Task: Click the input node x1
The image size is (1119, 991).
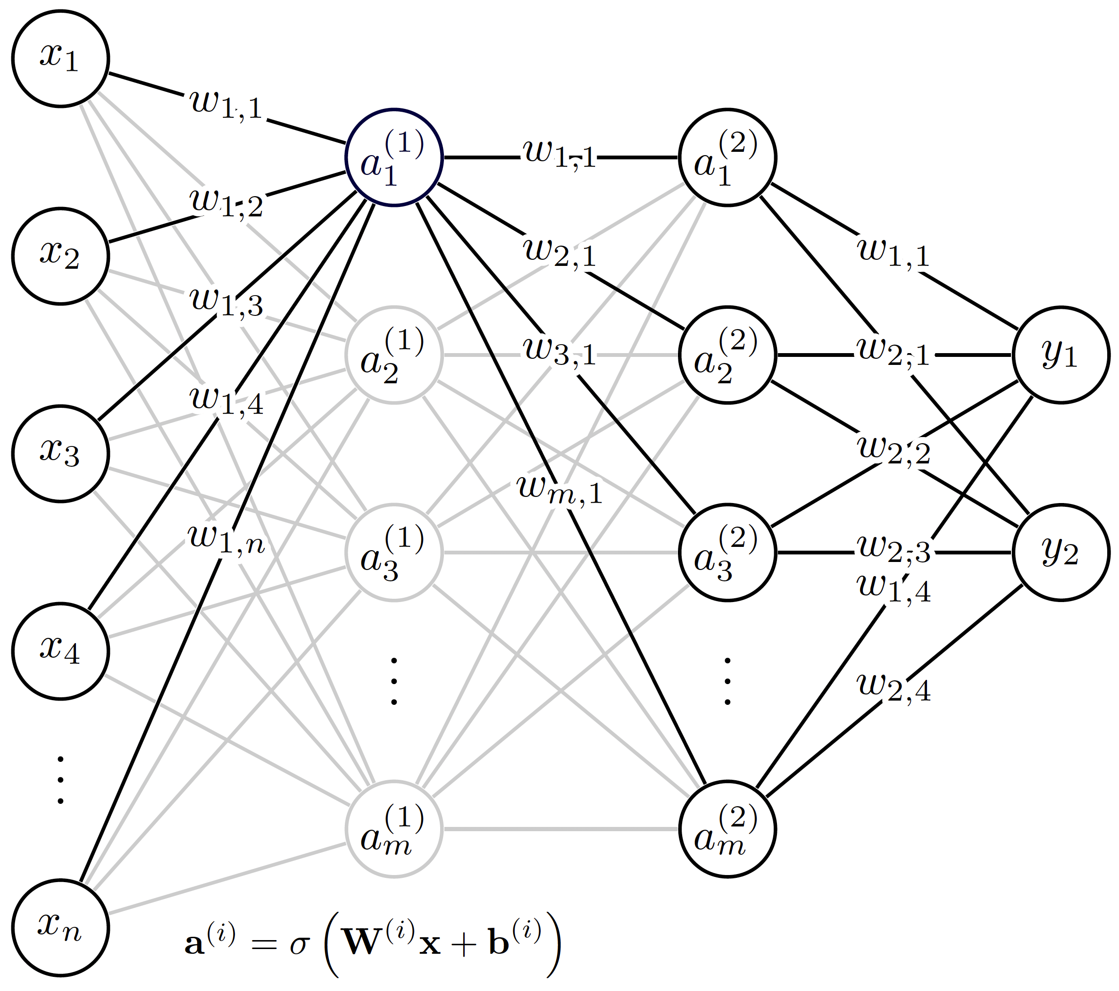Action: tap(60, 58)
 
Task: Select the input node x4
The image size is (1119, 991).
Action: tap(60, 651)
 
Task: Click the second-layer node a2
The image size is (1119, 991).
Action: tap(727, 355)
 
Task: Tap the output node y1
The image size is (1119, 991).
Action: tap(1061, 355)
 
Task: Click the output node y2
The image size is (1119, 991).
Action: tap(1061, 553)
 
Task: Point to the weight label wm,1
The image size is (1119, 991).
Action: tap(559, 490)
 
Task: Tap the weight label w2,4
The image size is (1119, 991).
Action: tap(894, 688)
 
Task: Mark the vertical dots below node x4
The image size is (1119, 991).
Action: tap(60, 780)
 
